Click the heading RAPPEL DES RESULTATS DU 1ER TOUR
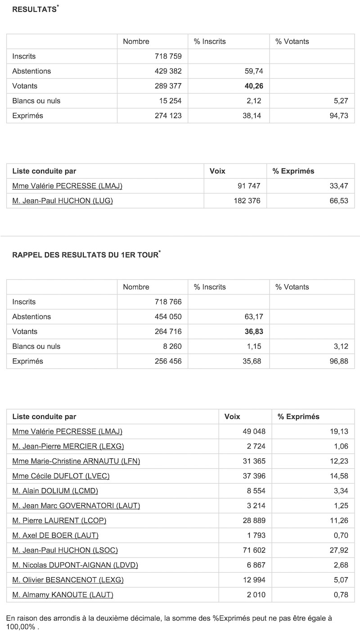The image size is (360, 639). (85, 255)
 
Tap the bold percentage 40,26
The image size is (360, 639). (253, 86)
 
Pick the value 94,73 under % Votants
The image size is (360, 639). (338, 116)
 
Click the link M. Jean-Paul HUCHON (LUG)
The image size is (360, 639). (63, 201)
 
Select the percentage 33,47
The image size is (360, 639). (338, 186)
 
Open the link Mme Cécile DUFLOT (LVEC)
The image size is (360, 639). (61, 476)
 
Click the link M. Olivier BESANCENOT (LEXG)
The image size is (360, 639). (68, 580)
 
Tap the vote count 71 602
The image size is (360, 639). (254, 550)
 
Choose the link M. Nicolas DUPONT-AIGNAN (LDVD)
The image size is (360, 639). (75, 565)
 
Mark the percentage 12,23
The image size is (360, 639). (338, 461)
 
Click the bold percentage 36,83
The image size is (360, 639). (253, 331)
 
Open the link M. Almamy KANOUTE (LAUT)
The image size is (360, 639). (63, 595)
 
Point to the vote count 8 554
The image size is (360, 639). (256, 491)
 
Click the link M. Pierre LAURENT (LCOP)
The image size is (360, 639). (59, 521)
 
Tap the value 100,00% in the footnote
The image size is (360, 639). (21, 627)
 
